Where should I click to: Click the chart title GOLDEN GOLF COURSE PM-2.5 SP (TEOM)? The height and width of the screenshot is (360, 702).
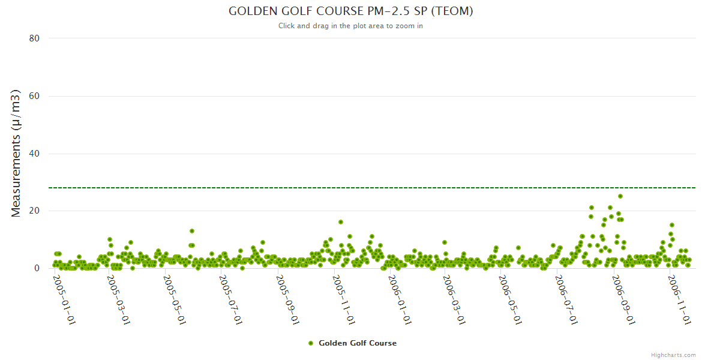(x=350, y=11)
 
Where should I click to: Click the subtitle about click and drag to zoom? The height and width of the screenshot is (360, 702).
(x=350, y=26)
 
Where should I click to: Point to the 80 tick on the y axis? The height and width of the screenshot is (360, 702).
(x=34, y=38)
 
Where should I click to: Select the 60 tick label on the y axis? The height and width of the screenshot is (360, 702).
(x=34, y=96)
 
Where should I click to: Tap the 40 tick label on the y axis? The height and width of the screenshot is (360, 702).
(x=34, y=154)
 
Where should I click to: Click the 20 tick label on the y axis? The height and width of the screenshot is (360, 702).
(x=34, y=211)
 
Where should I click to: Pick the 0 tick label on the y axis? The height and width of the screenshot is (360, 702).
(x=37, y=269)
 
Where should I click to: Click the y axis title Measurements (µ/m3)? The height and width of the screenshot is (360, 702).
(x=17, y=154)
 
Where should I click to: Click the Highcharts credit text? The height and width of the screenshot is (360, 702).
(x=673, y=355)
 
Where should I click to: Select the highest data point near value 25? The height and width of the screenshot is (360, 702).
(x=620, y=196)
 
